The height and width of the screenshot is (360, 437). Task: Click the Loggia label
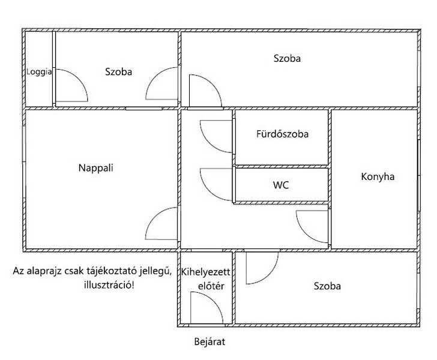pyautogui.click(x=39, y=72)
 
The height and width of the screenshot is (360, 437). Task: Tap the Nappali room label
pyautogui.click(x=96, y=168)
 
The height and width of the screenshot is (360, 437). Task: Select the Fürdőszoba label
pyautogui.click(x=282, y=134)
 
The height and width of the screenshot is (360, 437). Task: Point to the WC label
pyautogui.click(x=281, y=185)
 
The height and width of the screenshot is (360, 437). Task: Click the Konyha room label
pyautogui.click(x=378, y=176)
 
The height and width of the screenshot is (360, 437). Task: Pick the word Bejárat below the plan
pyautogui.click(x=209, y=341)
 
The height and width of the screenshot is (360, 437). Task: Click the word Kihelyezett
pyautogui.click(x=206, y=272)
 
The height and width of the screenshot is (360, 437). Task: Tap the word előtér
pyautogui.click(x=211, y=286)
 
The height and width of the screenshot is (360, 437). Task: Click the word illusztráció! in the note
pyautogui.click(x=109, y=285)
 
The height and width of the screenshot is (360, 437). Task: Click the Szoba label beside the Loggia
pyautogui.click(x=118, y=72)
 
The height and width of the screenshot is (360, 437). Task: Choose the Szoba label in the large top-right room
pyautogui.click(x=287, y=59)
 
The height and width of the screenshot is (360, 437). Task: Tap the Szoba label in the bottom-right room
pyautogui.click(x=327, y=286)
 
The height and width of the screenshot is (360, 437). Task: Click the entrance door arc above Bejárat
pyautogui.click(x=214, y=301)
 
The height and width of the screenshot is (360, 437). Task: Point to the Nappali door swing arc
pyautogui.click(x=154, y=215)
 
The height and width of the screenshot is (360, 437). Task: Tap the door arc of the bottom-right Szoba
pyautogui.click(x=270, y=275)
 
